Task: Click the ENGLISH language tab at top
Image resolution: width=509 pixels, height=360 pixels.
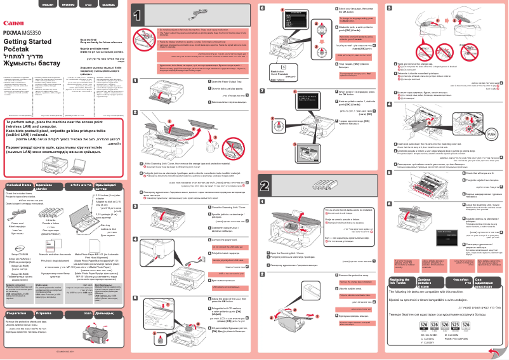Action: pyautogui.click(x=48, y=4)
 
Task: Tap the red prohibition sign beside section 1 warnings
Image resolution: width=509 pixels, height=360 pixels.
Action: pyautogui.click(x=143, y=34)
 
